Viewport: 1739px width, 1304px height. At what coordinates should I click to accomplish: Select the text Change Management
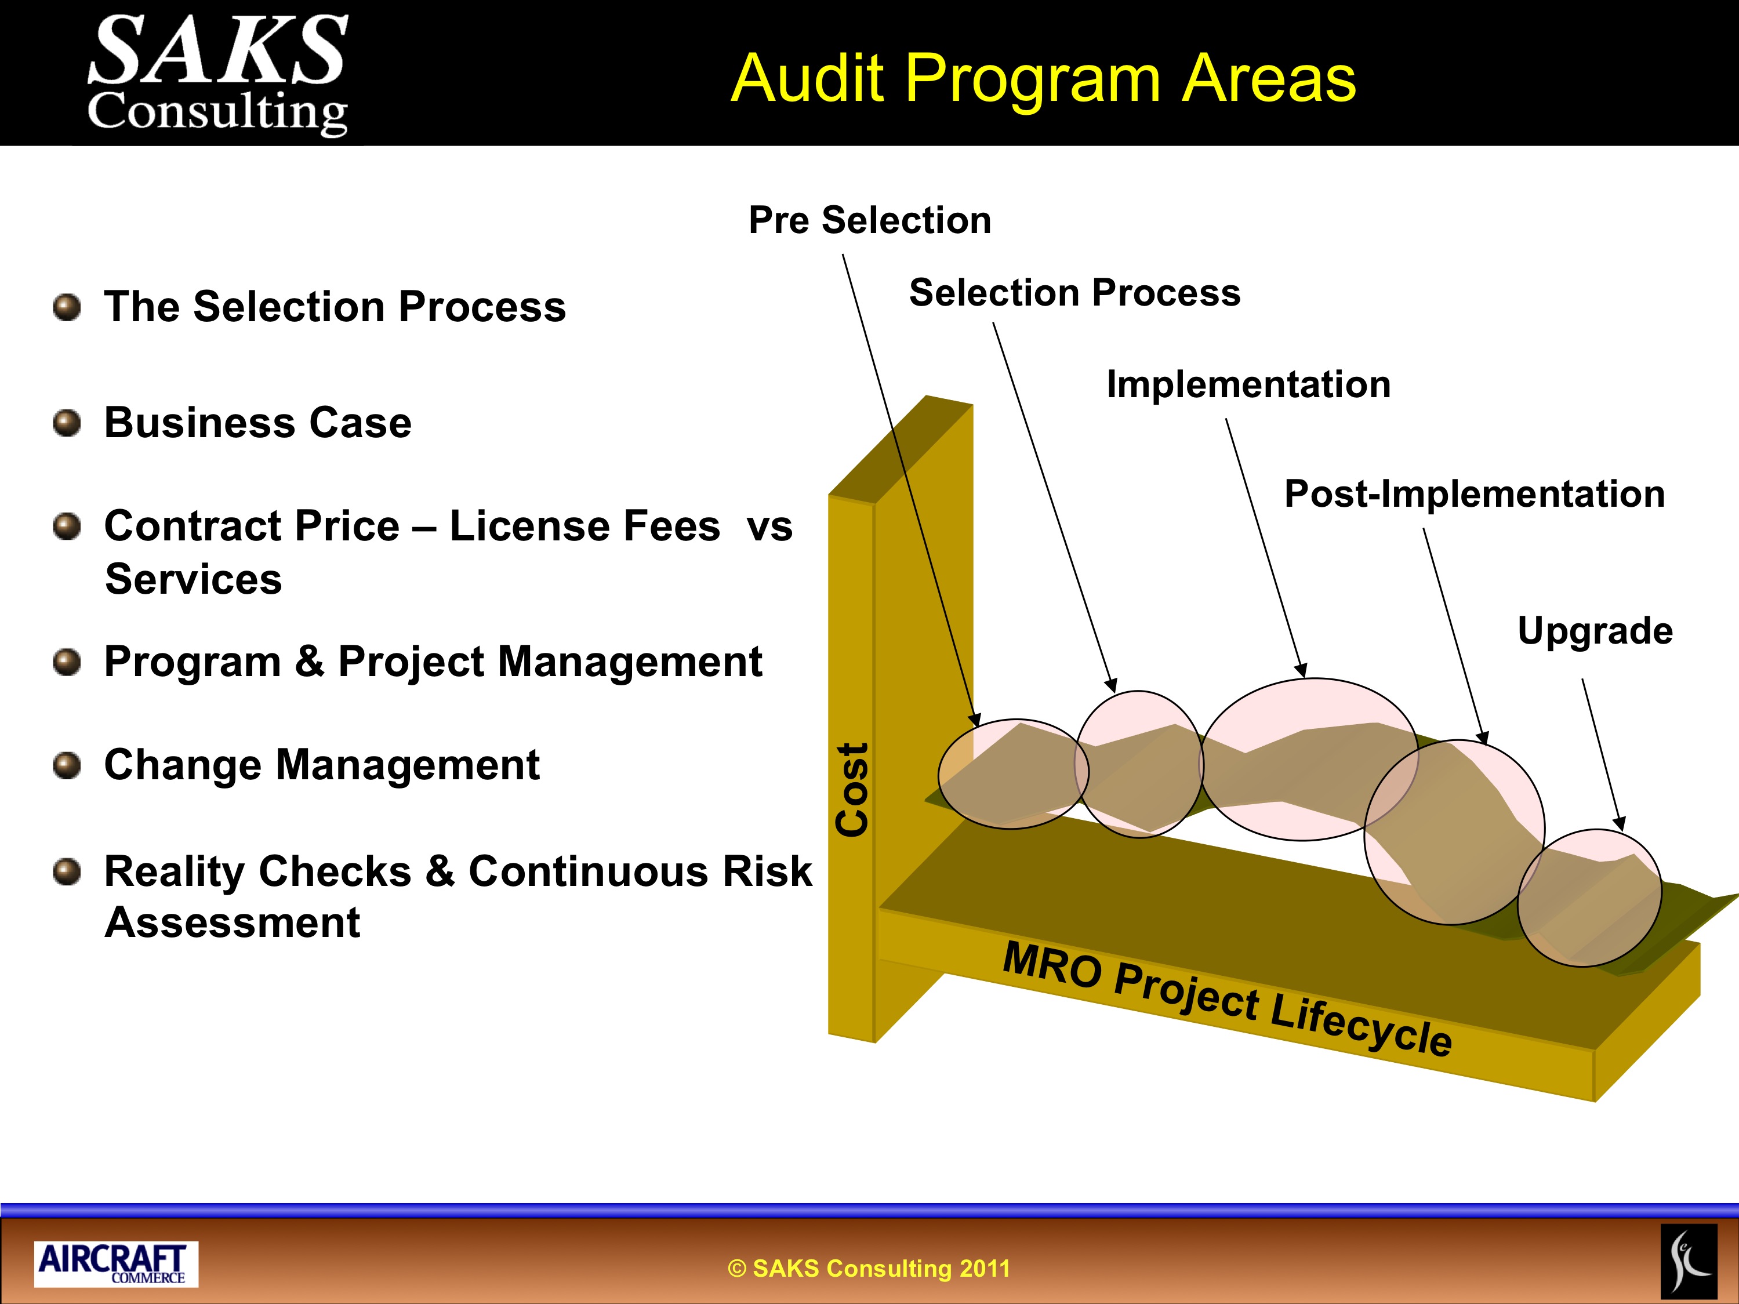tap(322, 765)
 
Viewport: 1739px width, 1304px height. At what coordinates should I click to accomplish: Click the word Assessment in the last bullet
tap(232, 922)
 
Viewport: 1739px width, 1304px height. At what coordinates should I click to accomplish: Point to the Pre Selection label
tap(870, 220)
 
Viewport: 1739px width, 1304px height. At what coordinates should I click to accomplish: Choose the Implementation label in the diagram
tap(1248, 385)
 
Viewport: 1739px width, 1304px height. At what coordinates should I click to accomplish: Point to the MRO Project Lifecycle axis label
tap(1227, 998)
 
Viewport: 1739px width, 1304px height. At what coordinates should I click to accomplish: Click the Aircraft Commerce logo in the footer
tap(115, 1264)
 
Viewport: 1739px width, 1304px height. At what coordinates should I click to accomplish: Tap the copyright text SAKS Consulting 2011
tap(869, 1268)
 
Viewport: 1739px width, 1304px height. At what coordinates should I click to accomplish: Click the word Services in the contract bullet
tap(194, 579)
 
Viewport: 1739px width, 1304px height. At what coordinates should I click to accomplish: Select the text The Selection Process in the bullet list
tap(335, 307)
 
